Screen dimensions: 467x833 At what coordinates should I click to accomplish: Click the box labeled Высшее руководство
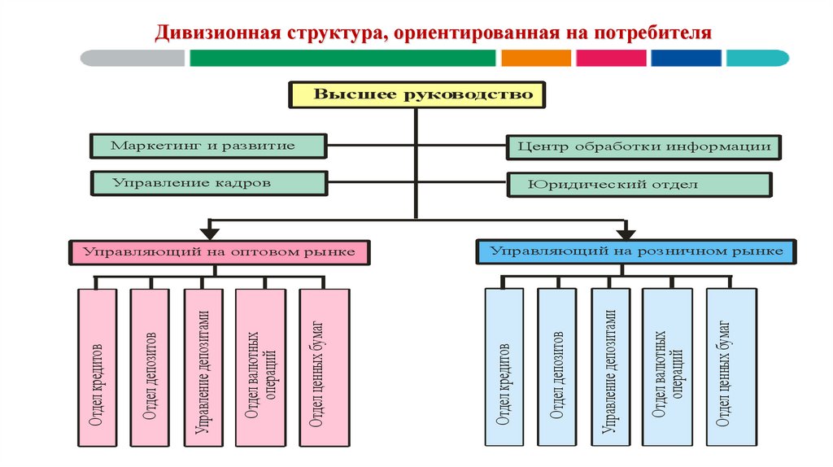pos(416,95)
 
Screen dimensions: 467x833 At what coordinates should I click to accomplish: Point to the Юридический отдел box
pos(639,185)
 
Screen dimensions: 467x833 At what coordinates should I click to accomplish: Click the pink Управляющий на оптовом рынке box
pos(220,252)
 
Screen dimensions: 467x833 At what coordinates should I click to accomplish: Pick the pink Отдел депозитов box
pos(150,367)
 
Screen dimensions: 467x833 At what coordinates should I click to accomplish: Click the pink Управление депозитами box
pos(203,367)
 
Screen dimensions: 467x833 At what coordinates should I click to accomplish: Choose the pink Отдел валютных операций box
pos(260,367)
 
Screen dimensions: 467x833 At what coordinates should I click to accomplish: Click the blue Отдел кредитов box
pos(504,367)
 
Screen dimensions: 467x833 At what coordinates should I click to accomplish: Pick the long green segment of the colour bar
pos(342,58)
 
